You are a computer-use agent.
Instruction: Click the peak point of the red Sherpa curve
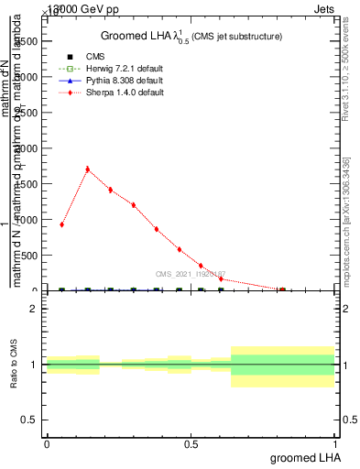(x=87, y=169)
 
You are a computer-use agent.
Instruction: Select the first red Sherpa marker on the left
(x=61, y=224)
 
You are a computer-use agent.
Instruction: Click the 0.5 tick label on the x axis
(x=191, y=443)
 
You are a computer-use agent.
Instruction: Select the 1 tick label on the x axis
(x=335, y=443)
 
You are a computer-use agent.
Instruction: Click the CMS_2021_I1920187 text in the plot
(x=190, y=274)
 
